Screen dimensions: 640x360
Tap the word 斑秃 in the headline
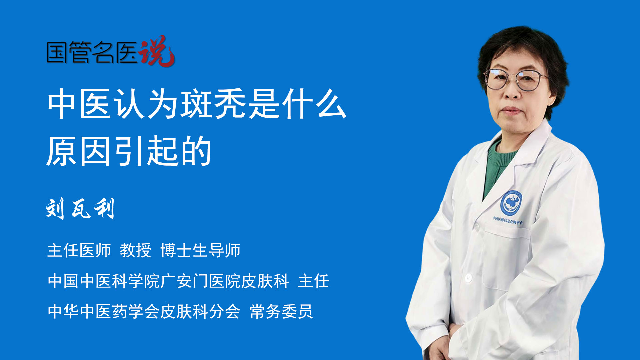214,104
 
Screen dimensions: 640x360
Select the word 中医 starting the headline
79,104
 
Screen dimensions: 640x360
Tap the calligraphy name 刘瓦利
80,208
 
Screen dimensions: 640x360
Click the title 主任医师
79,250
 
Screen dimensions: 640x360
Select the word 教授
136,250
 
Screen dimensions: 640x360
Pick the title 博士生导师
200,250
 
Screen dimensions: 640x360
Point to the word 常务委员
281,312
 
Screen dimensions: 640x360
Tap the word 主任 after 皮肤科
314,281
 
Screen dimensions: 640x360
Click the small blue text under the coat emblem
508,220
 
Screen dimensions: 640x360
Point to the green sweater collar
500,167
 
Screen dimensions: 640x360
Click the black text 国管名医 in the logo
92,53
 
